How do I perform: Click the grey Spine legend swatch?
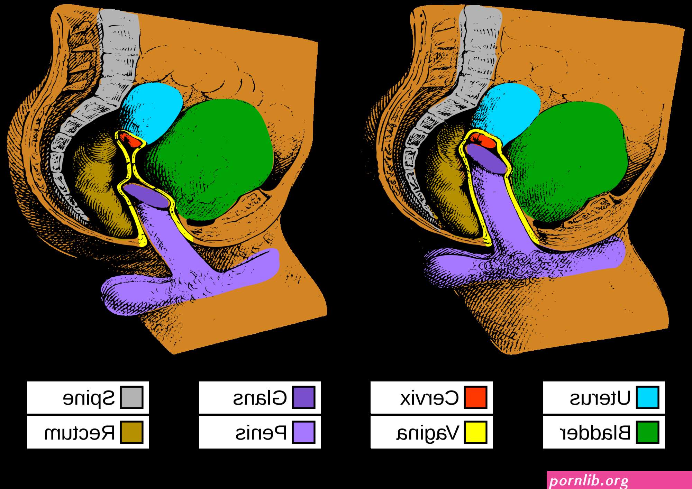click(131, 397)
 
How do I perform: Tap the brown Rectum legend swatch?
click(131, 432)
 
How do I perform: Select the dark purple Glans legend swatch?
click(303, 397)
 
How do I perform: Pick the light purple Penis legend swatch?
click(303, 432)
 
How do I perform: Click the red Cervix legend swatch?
click(475, 397)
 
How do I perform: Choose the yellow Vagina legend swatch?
click(475, 432)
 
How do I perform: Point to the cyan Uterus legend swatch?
click(647, 397)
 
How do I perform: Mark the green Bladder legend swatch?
click(647, 432)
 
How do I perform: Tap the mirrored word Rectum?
click(80, 433)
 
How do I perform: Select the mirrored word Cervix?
click(429, 398)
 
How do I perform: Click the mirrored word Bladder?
click(595, 432)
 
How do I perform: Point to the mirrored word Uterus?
click(600, 398)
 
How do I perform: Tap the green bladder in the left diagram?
click(211, 159)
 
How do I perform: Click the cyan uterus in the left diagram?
click(152, 111)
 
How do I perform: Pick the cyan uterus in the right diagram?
click(507, 111)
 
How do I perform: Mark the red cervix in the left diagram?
click(129, 139)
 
